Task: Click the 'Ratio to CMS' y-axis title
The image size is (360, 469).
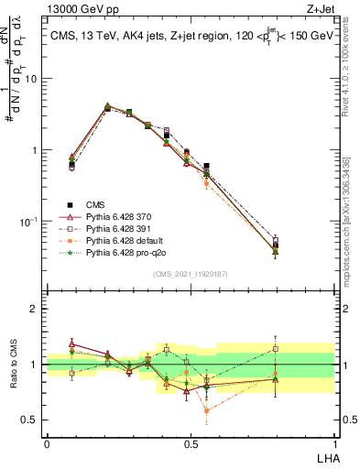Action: pos(15,364)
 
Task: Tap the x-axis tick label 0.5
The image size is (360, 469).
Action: pos(190,442)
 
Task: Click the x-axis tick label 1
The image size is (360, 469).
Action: pos(334,442)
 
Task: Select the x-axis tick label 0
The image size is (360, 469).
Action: pos(46,442)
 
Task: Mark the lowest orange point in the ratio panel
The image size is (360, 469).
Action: pos(207,410)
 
